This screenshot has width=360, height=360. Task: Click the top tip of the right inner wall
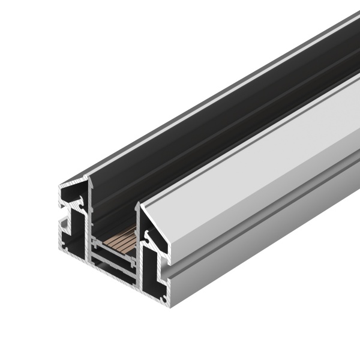pyautogui.click(x=140, y=203)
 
